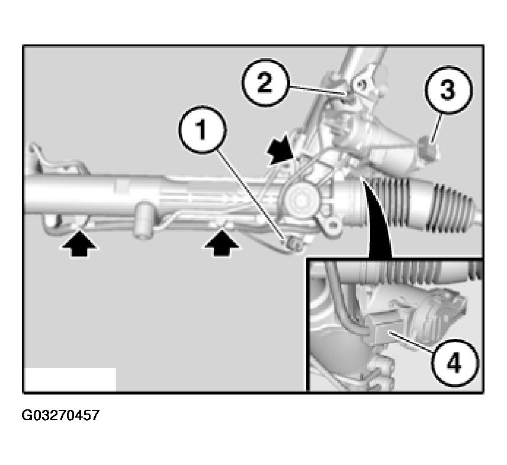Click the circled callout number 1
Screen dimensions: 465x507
click(201, 130)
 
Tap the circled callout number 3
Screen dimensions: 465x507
click(448, 91)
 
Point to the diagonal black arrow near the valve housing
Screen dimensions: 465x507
click(281, 148)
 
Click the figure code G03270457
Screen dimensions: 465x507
click(60, 415)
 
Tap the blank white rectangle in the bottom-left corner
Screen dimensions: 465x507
click(70, 379)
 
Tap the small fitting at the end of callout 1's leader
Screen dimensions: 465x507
click(293, 243)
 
